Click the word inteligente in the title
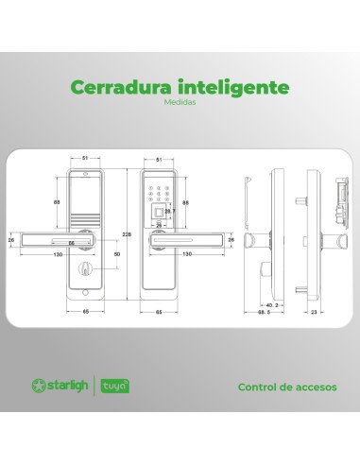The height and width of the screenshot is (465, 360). coord(231,88)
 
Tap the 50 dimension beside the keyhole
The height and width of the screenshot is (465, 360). coord(116,255)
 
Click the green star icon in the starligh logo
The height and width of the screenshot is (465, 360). coord(40,386)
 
